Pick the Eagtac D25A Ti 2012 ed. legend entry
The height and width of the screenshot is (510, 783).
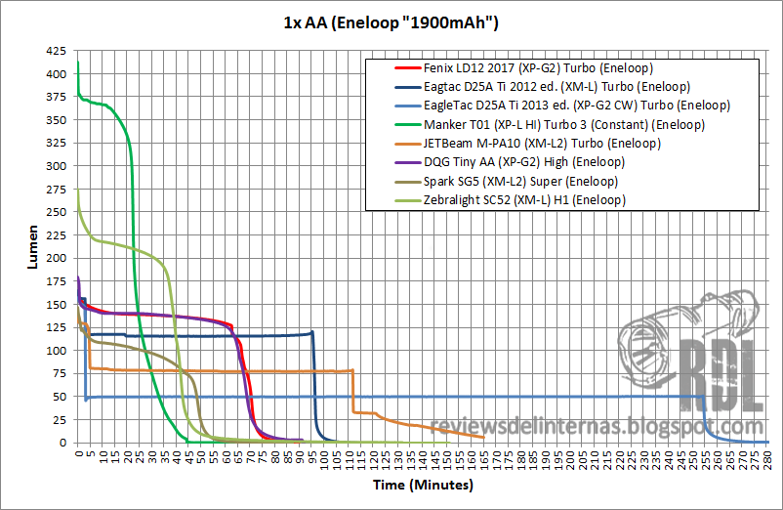coord(538,87)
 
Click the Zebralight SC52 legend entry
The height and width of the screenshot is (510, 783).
coord(524,199)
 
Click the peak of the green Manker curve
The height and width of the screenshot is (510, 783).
coord(78,63)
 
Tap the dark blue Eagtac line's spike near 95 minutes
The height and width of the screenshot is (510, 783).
coord(312,332)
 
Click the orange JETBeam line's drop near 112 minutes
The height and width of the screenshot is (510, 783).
coord(352,391)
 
